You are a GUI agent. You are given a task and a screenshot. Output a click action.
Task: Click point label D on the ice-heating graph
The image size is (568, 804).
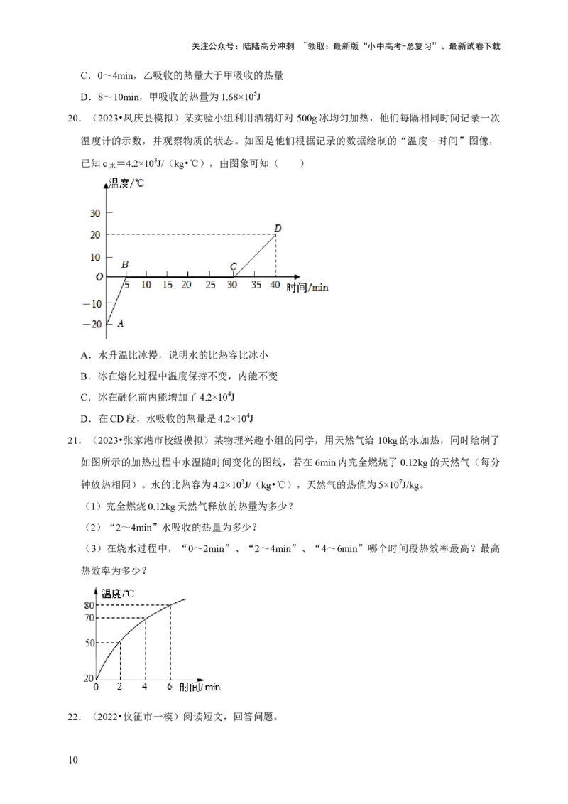pyautogui.click(x=278, y=228)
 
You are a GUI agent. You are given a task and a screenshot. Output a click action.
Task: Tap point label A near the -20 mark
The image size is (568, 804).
pyautogui.click(x=120, y=323)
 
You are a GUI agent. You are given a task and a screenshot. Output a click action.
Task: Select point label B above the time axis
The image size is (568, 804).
pyautogui.click(x=125, y=266)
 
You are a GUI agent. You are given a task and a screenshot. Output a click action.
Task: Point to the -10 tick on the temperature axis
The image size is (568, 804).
pyautogui.click(x=93, y=303)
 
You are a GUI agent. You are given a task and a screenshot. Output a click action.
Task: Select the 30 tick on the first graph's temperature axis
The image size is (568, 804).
pyautogui.click(x=94, y=212)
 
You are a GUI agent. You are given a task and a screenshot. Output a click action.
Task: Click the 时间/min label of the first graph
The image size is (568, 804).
pyautogui.click(x=307, y=287)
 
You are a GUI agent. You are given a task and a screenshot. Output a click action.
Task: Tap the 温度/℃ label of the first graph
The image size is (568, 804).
pyautogui.click(x=126, y=185)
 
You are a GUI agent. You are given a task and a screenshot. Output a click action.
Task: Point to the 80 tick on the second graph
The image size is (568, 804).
pyautogui.click(x=89, y=605)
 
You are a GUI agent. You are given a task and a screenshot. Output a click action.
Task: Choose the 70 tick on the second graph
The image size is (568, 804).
pyautogui.click(x=89, y=619)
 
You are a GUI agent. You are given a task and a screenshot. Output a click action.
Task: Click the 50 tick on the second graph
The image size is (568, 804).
pyautogui.click(x=89, y=643)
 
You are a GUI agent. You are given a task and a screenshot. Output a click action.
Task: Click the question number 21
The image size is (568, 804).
pyautogui.click(x=72, y=440)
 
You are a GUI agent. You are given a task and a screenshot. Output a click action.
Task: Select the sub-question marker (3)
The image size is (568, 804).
pyautogui.click(x=94, y=547)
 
